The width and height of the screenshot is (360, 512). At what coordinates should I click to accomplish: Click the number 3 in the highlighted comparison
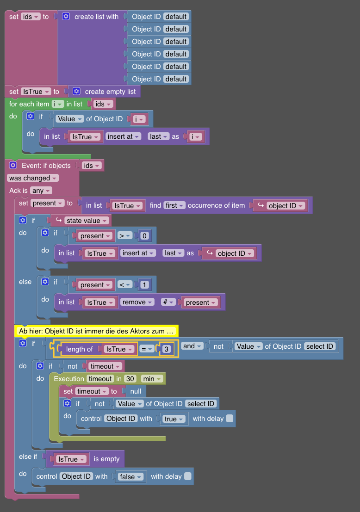click(x=167, y=349)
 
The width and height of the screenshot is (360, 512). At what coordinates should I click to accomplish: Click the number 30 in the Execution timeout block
click(x=130, y=379)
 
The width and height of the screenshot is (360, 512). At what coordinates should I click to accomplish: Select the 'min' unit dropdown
click(x=152, y=379)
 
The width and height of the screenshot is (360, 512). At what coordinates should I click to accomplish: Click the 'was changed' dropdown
click(x=33, y=178)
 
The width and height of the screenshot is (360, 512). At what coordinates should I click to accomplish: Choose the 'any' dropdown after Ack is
click(x=41, y=191)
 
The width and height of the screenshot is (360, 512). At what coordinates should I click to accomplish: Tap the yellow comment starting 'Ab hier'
click(x=96, y=331)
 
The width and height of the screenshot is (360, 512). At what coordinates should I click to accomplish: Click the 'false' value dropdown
click(x=130, y=477)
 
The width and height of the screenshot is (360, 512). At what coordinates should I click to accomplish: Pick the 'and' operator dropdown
click(x=192, y=346)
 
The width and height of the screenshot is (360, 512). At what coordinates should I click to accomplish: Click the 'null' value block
click(x=136, y=391)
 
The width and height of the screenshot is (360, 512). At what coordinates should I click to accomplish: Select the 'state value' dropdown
click(x=87, y=221)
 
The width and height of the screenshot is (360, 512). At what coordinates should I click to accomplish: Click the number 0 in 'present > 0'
click(x=144, y=236)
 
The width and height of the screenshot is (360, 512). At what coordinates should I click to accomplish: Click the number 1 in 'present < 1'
click(x=144, y=285)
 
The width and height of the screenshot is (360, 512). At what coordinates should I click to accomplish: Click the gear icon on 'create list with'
click(x=66, y=17)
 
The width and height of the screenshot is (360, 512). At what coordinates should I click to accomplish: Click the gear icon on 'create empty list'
click(x=76, y=92)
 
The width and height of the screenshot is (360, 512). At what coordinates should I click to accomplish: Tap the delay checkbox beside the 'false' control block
click(x=187, y=476)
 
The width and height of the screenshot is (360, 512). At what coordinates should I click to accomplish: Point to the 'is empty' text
click(x=106, y=459)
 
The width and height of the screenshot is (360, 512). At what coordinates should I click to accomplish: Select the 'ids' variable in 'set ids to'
click(x=31, y=17)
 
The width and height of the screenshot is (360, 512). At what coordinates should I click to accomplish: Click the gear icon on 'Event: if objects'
click(x=13, y=165)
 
